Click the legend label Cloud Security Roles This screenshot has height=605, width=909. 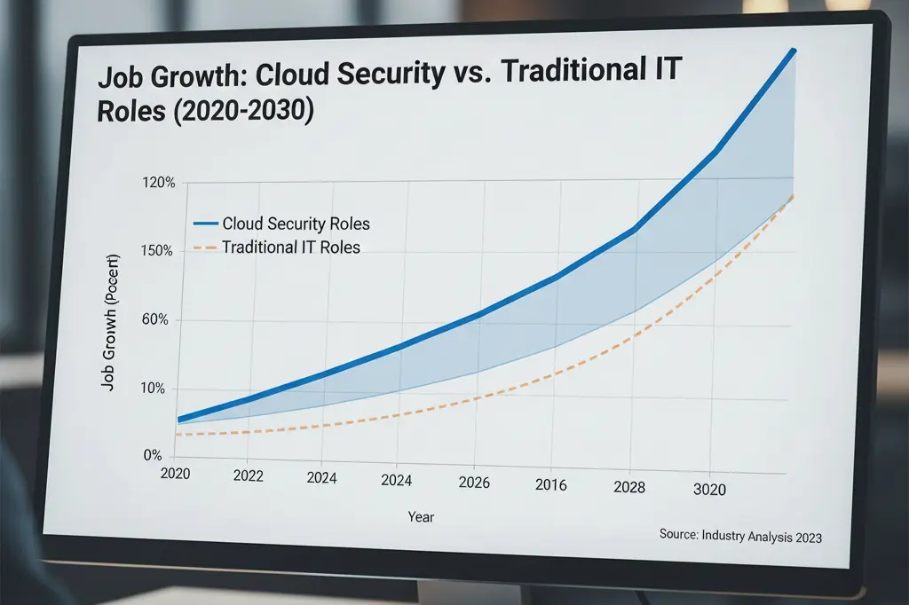(x=296, y=224)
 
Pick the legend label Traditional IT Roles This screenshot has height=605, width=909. (x=291, y=247)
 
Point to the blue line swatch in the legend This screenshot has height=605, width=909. (x=205, y=224)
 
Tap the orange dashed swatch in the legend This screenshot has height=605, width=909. (x=205, y=247)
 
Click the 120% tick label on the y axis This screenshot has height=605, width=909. (x=159, y=183)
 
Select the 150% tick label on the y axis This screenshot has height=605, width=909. (x=159, y=251)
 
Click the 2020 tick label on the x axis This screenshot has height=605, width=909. (x=176, y=474)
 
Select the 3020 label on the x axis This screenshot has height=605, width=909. (x=708, y=489)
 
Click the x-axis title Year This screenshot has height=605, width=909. (x=421, y=516)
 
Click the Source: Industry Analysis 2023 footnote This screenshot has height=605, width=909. (x=740, y=536)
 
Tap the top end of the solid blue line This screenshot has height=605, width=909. (x=793, y=51)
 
